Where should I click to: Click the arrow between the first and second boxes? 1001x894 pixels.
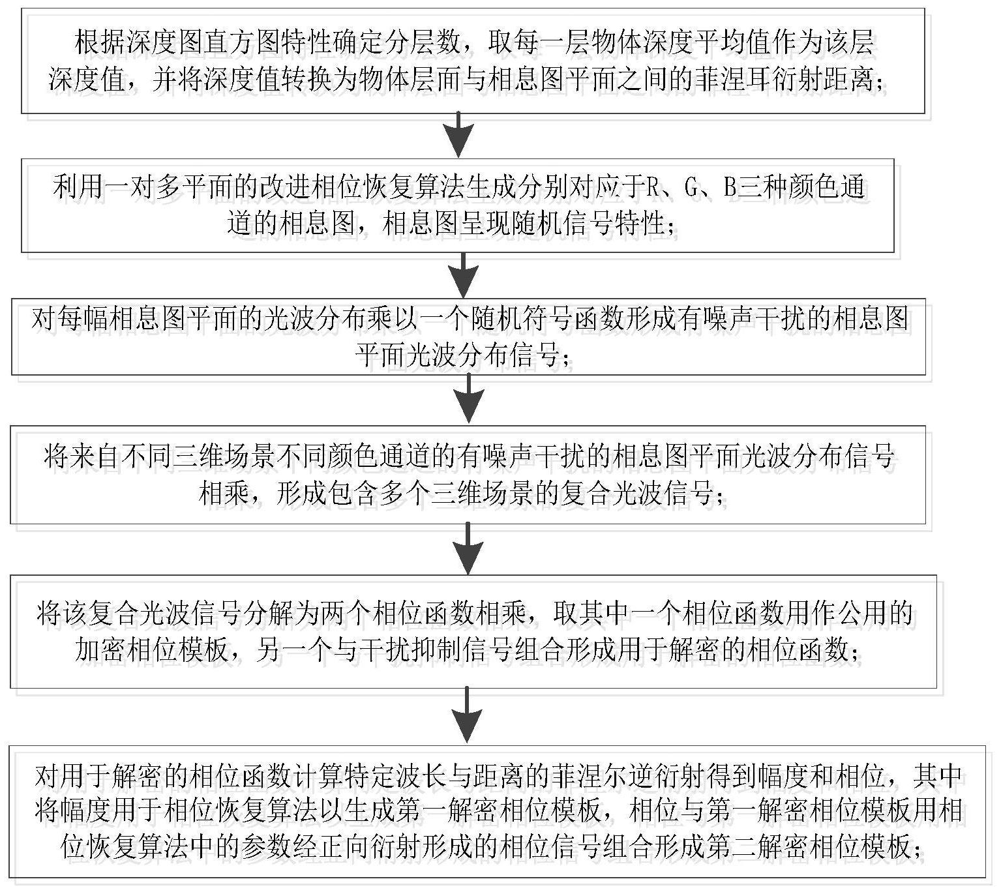[x=458, y=135]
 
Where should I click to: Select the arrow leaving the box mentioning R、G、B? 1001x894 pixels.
[x=463, y=275]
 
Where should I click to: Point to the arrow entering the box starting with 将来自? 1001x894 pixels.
[x=468, y=398]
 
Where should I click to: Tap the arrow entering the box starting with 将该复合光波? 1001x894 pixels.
[x=468, y=548]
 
